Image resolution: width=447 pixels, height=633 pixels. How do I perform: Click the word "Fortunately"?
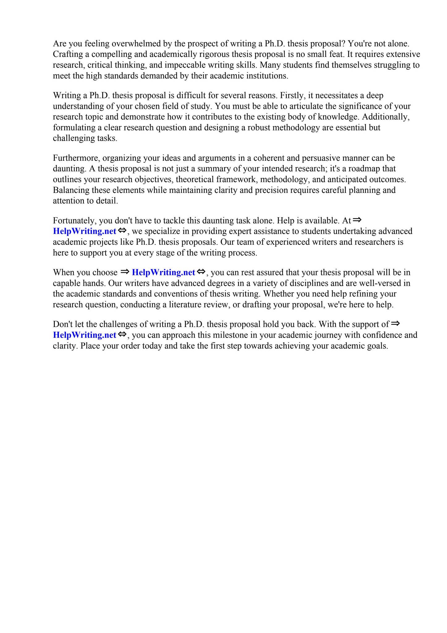coord(74,221)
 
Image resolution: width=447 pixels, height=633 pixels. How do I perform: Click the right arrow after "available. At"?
coord(357,220)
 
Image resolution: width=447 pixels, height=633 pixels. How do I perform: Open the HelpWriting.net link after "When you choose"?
coord(163,272)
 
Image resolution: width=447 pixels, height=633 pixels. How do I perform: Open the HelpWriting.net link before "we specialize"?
coord(85,231)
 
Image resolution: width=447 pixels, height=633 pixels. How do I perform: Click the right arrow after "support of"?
coord(395,324)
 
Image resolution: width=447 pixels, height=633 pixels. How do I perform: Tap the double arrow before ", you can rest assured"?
coord(201,272)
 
